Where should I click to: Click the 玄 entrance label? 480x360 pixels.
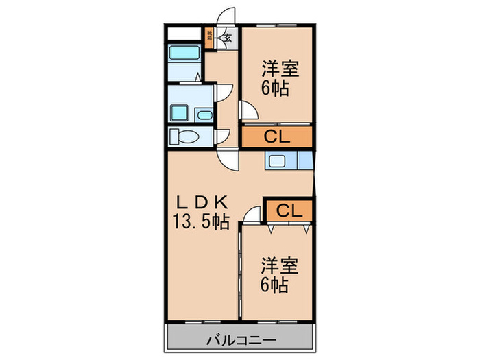pos(226,38)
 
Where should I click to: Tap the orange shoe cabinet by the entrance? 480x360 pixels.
pos(210,35)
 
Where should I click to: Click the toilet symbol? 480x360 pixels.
pos(183,136)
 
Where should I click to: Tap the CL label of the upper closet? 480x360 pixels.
pos(276,136)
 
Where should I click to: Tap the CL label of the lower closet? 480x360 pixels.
pos(290,211)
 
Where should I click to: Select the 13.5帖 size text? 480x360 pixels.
pos(200,221)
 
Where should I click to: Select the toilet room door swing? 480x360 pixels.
pos(222,137)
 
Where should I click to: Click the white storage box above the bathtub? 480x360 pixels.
pos(184,33)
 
